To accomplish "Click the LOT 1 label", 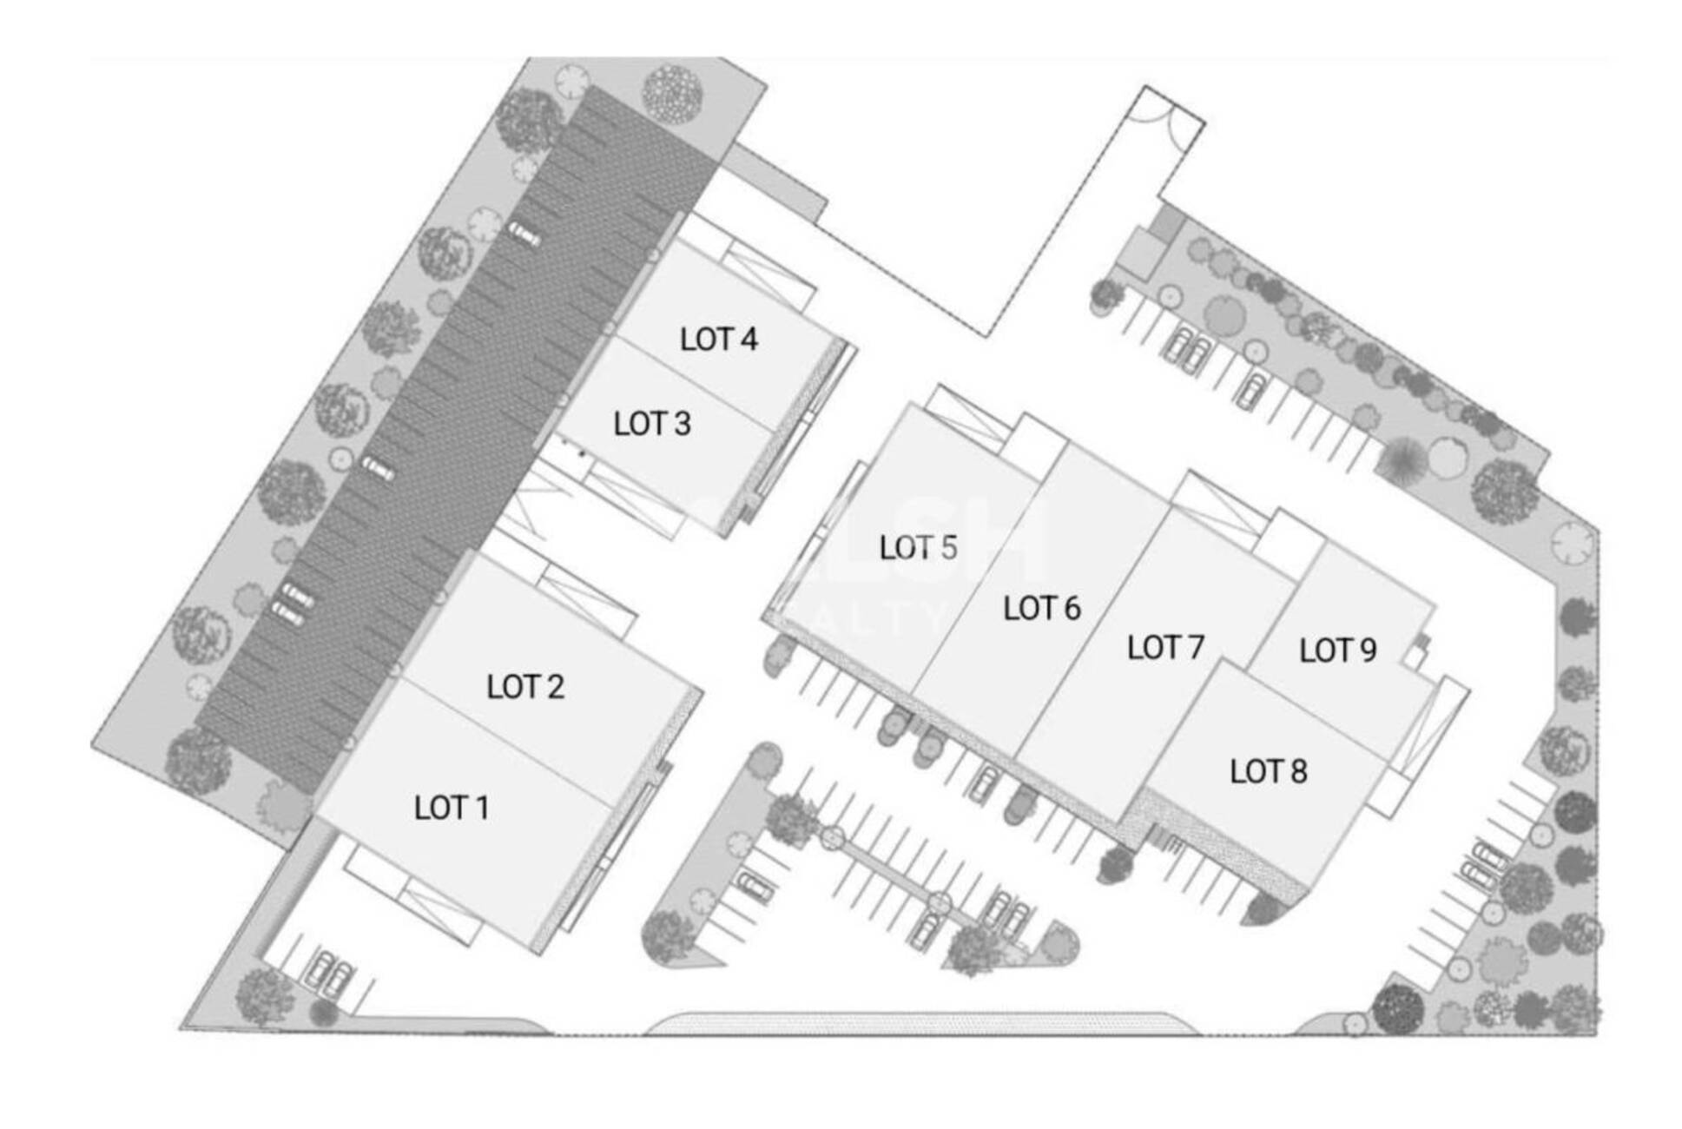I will (x=451, y=808).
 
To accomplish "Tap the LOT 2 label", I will (x=524, y=687).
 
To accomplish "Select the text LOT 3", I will (x=651, y=424).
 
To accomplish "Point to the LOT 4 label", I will (x=718, y=339).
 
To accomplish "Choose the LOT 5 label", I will (x=917, y=547).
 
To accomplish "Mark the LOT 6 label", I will (x=1041, y=608).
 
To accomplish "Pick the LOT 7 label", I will (x=1164, y=647).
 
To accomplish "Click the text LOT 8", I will (x=1268, y=771).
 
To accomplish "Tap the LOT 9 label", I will (x=1337, y=650).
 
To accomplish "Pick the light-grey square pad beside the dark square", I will (x=1140, y=254).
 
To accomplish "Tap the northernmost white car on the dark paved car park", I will (x=524, y=234).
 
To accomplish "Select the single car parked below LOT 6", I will (x=983, y=782).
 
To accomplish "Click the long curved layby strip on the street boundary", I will (x=920, y=1024).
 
